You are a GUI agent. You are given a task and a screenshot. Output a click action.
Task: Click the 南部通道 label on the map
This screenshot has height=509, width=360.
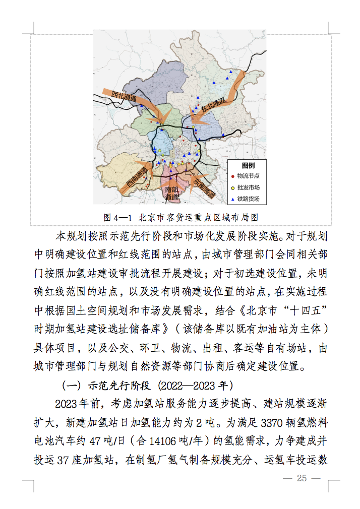coord(172,193)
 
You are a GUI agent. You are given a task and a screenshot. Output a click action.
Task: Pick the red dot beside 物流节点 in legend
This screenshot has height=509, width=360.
coord(232,176)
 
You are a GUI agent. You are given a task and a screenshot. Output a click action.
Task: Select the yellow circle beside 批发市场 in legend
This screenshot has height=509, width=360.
coord(232,187)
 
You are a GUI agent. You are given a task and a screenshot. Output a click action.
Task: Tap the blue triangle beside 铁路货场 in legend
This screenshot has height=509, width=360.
coord(232,200)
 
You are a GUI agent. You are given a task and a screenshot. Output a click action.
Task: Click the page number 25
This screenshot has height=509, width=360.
coord(302,478)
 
